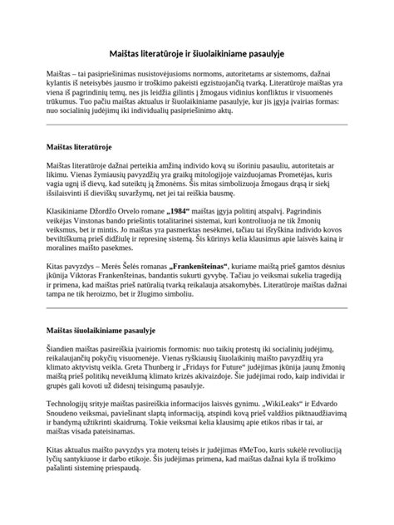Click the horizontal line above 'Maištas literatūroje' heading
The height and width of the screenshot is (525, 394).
(197, 125)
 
